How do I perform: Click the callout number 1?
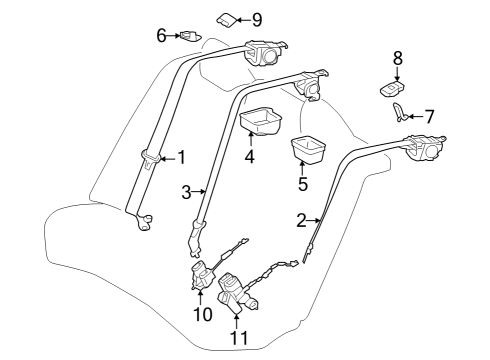(x=181, y=157)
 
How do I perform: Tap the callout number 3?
(x=186, y=192)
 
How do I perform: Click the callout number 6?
(x=160, y=36)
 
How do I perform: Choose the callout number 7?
(x=429, y=116)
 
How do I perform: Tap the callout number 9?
(x=257, y=19)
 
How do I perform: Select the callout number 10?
(x=202, y=313)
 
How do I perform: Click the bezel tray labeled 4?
(x=263, y=122)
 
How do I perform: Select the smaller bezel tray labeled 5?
(x=308, y=149)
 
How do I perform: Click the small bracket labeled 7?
(x=401, y=113)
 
